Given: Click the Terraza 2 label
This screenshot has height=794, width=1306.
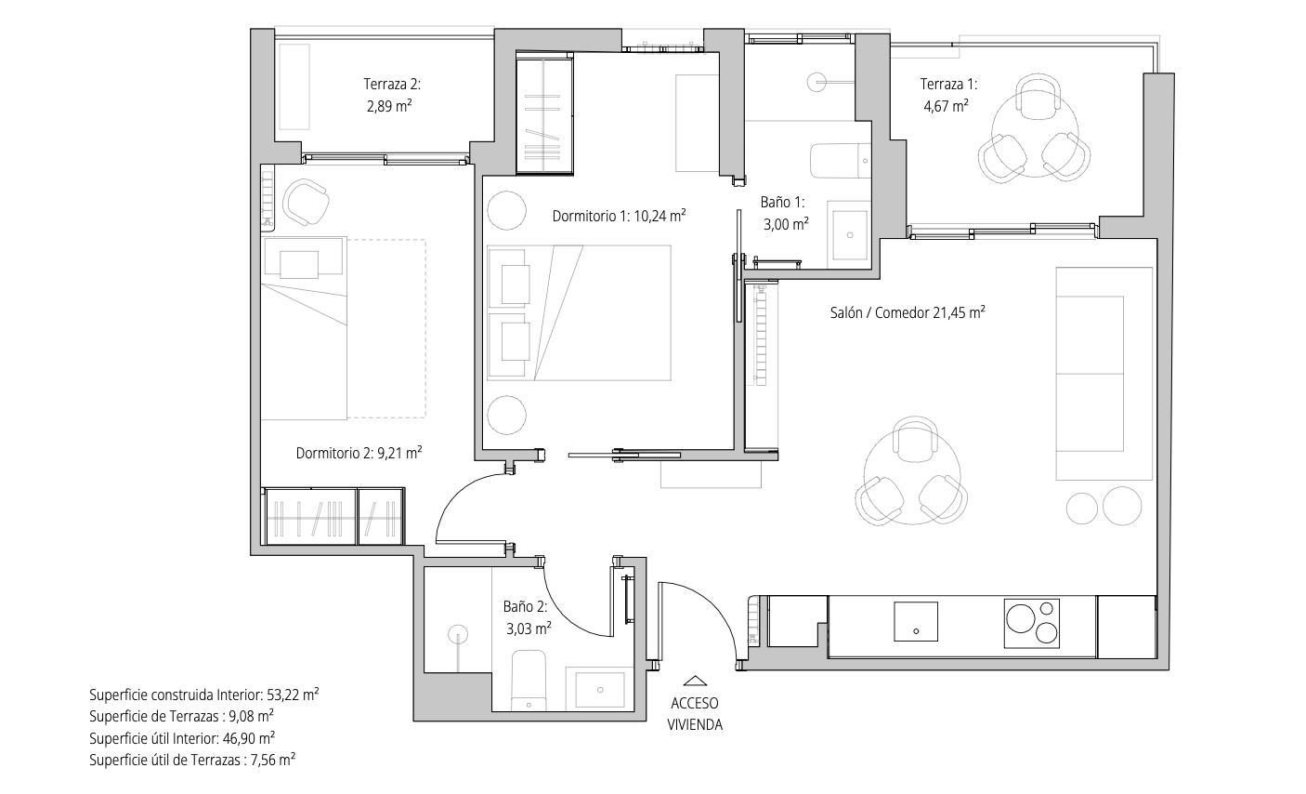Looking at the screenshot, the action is coord(392,84).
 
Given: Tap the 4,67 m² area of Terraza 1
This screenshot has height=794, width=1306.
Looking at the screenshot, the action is coord(946,106).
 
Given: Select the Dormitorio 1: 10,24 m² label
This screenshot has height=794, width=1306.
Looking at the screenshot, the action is coord(619,216).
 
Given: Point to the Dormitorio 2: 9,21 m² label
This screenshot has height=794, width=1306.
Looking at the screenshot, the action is coord(359,453).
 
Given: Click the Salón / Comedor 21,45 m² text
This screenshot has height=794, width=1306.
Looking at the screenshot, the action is coord(908,312).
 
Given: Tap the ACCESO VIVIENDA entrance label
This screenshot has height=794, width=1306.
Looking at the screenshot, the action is coord(695,714).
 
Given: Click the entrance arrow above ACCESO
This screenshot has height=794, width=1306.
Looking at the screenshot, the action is coord(695,681).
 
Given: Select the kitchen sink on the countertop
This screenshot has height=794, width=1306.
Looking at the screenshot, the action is coord(915,621).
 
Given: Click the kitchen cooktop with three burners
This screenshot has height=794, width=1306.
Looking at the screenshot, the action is coord(1031,623).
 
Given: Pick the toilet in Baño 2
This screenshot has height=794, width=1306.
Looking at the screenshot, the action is coord(529,681).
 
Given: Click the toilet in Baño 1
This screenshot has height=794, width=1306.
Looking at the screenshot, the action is coord(840,161).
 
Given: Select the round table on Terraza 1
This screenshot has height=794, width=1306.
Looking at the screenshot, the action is coord(1033,136).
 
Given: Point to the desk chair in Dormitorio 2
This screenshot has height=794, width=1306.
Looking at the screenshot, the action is coord(305,202).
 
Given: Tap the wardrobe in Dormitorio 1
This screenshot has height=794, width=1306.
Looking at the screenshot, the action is coord(544,113).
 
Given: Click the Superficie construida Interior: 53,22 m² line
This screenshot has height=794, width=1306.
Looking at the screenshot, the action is coord(204,695).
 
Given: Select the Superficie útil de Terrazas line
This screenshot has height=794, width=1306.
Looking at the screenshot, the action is coord(192,760).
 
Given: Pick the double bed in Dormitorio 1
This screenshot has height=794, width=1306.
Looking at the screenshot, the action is coord(579,312).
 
